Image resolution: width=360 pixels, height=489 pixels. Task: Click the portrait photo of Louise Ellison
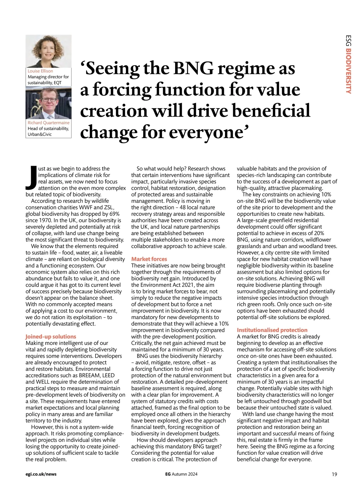pos(49,51)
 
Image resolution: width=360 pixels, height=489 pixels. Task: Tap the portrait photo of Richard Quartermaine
pos(49,103)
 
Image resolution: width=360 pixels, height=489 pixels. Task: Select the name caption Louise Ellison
pos(40,71)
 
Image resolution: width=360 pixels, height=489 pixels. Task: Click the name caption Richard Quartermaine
pos(49,123)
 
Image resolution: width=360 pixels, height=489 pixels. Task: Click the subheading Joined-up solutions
pos(51,337)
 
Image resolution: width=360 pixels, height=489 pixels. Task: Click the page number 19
pos(334,474)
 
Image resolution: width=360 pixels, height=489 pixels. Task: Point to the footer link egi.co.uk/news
pos(41,474)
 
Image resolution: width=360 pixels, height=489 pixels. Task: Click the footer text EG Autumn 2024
pos(181,474)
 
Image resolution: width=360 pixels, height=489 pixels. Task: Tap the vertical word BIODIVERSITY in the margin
pos(348,71)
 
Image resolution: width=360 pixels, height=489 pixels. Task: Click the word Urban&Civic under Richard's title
pos(40,134)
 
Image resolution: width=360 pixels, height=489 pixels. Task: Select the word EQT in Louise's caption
pos(58,83)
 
